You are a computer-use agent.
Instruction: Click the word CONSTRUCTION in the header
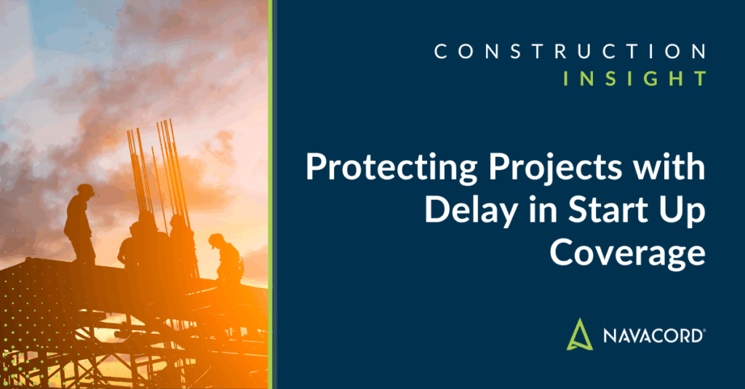570,52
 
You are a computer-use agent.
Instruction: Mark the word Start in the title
591,210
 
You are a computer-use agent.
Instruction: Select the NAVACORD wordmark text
653,337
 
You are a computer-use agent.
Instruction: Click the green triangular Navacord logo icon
581,335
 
